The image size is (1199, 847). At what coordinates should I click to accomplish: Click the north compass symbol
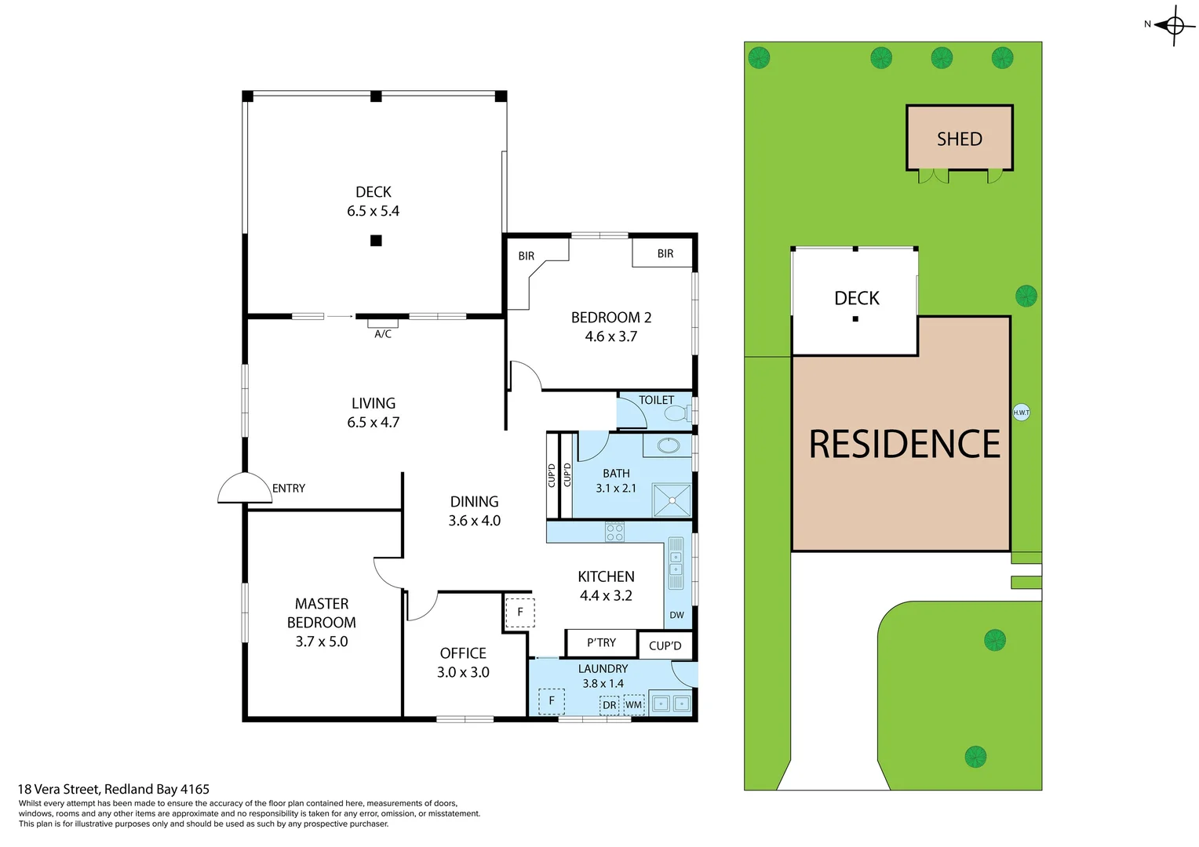point(1174,26)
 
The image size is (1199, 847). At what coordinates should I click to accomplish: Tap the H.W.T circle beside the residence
point(1021,413)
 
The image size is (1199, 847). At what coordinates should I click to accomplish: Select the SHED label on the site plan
point(959,139)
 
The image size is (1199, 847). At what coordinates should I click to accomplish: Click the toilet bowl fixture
point(676,413)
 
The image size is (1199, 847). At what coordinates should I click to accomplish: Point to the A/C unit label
point(383,334)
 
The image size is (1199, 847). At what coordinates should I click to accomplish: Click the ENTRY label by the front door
point(289,488)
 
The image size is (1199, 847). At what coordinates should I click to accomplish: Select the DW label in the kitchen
point(676,615)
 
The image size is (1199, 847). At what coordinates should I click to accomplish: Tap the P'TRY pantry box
point(601,643)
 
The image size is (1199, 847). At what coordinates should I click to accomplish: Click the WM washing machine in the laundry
point(633,704)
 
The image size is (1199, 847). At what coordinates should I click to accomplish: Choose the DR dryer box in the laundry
point(610,705)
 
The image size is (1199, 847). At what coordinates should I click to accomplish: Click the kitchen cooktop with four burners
point(614,532)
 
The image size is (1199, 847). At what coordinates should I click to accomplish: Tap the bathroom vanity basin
point(668,445)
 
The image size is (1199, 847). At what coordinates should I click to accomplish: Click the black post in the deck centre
point(376,241)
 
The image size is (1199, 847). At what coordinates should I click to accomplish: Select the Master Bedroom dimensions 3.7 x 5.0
point(321,642)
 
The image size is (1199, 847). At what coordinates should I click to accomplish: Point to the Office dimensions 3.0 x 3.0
point(463,672)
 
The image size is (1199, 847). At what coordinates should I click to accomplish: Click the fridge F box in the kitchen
point(519,612)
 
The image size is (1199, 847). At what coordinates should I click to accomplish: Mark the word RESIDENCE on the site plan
point(904,445)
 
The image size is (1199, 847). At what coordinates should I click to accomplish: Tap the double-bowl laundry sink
point(671,703)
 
